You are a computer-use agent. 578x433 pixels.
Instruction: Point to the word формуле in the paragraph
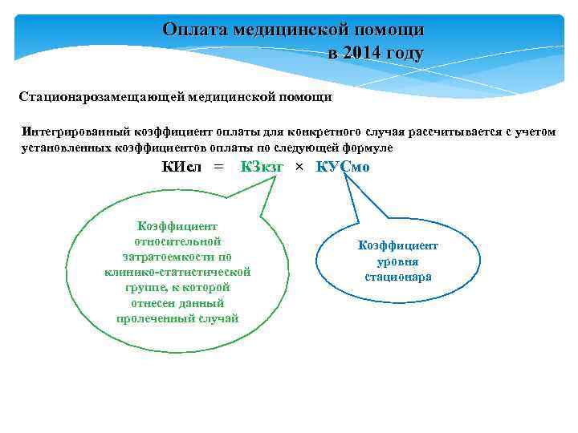(369, 148)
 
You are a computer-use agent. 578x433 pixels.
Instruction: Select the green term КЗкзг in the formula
(262, 167)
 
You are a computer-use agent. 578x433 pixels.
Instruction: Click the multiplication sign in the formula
(299, 167)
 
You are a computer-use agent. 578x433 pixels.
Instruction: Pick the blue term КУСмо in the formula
(343, 167)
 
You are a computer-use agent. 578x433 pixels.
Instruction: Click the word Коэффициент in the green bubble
(177, 226)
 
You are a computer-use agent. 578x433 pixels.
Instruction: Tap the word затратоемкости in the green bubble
(177, 257)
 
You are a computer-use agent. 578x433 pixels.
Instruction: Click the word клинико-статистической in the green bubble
(177, 272)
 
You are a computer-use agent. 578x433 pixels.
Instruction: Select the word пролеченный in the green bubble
(156, 318)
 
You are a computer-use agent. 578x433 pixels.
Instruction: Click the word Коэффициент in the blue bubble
(398, 246)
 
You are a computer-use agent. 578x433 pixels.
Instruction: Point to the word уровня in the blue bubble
(398, 261)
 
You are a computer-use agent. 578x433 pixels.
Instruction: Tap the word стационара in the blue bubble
(398, 277)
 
